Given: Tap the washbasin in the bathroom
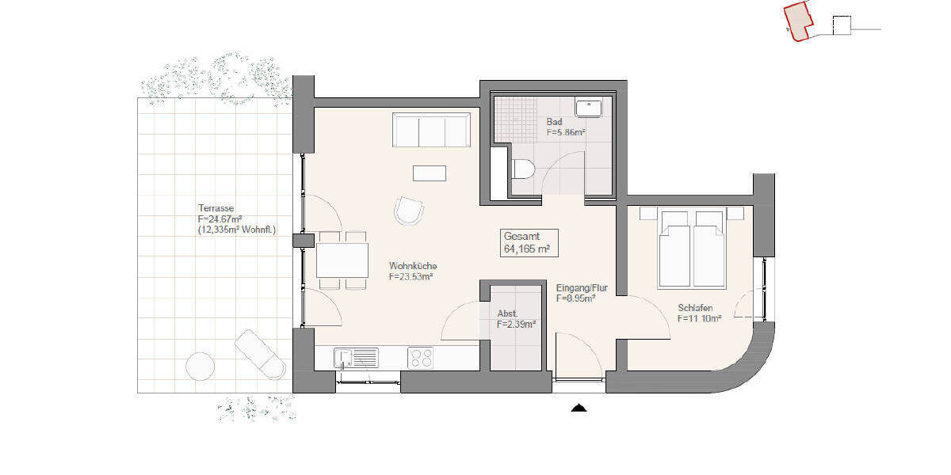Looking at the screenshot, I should click(x=589, y=108).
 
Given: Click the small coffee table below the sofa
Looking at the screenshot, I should click(x=429, y=172).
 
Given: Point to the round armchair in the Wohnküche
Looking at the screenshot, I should click(x=409, y=211).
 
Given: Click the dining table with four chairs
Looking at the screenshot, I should click(x=342, y=260).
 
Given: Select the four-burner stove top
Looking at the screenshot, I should click(x=420, y=358).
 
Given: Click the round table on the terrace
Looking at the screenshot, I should click(x=200, y=366).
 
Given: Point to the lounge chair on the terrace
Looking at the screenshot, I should click(x=260, y=354).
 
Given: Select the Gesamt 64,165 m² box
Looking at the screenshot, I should click(x=529, y=242).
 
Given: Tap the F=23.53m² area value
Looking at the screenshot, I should click(x=410, y=277).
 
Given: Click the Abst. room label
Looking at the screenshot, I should click(x=507, y=313).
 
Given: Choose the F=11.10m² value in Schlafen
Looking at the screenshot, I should click(x=699, y=318).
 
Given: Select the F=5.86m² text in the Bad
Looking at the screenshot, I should click(x=565, y=134).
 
